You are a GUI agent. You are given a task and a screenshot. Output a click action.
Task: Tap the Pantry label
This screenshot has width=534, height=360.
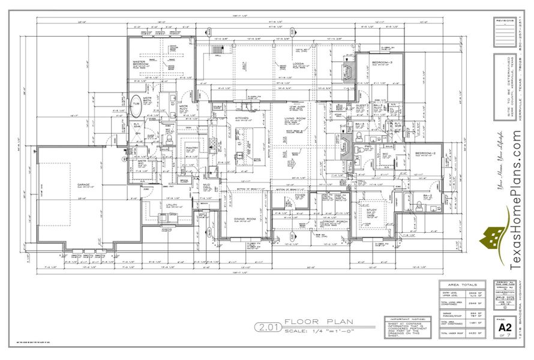[x=192, y=147]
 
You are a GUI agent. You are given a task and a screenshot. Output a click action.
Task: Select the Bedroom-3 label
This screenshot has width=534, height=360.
[x=382, y=62]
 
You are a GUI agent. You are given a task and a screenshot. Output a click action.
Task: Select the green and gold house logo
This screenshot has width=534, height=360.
[x=493, y=241]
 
